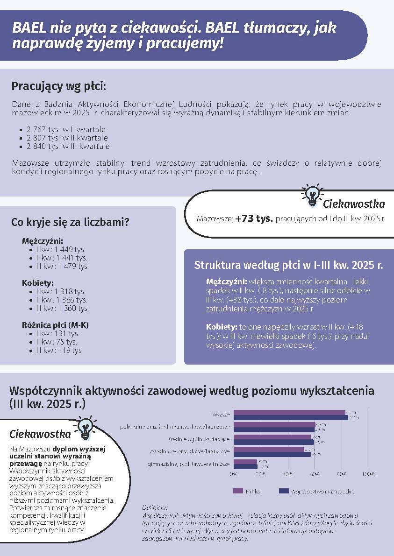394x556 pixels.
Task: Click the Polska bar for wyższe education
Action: tap(289, 412)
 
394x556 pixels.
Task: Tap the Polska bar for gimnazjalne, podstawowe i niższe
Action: tap(245, 461)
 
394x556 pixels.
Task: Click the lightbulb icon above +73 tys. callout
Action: tap(311, 195)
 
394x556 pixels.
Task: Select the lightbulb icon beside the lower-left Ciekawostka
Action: tap(85, 428)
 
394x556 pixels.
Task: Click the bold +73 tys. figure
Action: tap(254, 218)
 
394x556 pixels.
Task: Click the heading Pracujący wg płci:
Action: tap(59, 86)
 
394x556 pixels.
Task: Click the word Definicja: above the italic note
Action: tap(154, 507)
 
